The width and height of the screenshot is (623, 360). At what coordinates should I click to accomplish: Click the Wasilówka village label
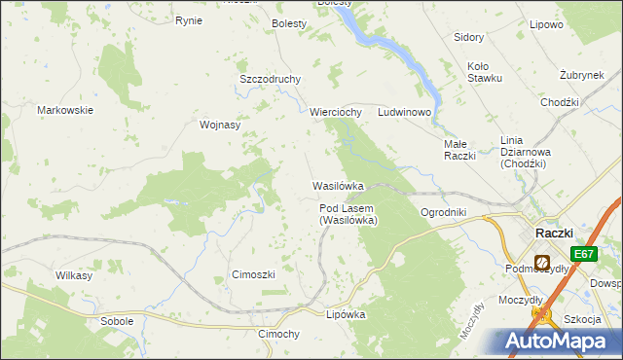[338, 185]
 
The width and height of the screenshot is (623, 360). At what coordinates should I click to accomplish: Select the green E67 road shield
[583, 254]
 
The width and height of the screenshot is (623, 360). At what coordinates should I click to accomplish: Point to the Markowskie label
[65, 110]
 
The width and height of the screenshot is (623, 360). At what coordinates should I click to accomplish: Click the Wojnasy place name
[219, 125]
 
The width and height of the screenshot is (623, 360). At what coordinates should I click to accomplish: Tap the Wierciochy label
[336, 112]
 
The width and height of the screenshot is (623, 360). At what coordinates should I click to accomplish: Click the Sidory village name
[469, 37]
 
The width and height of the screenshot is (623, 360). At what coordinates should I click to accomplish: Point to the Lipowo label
[546, 24]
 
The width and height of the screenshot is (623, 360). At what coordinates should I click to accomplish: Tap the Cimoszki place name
[253, 274]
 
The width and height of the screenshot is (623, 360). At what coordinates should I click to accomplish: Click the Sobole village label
[117, 320]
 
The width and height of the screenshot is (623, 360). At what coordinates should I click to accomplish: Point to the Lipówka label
[346, 314]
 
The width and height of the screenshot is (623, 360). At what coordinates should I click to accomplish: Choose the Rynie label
[188, 19]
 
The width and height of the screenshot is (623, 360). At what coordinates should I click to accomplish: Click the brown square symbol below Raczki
[540, 263]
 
